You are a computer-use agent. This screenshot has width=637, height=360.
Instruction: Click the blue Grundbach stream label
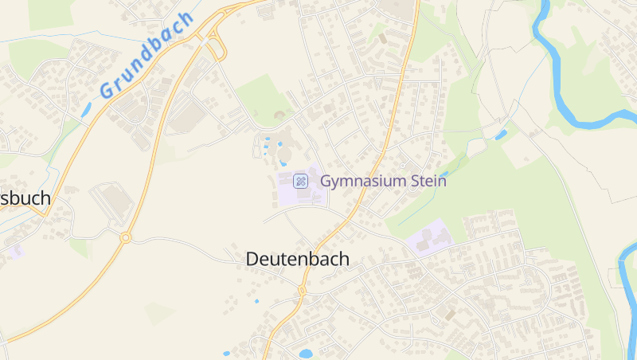pyautogui.click(x=147, y=57)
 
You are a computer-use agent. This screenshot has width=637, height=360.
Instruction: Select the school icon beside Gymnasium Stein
pyautogui.click(x=301, y=181)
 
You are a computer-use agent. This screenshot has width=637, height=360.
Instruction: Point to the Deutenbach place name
pyautogui.click(x=297, y=259)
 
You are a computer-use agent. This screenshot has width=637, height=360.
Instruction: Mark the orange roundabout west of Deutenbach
pyautogui.click(x=125, y=237)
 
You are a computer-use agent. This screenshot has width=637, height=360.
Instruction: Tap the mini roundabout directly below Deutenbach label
pyautogui.click(x=302, y=291)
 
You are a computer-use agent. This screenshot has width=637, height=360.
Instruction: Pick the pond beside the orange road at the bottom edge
pyautogui.click(x=305, y=353)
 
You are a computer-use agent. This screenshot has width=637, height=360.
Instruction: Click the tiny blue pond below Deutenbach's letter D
pyautogui.click(x=256, y=301)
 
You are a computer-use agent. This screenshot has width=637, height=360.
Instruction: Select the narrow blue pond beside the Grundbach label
pyautogui.click(x=85, y=111)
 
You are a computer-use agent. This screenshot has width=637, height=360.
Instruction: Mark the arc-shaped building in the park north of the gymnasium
pyautogui.click(x=279, y=115)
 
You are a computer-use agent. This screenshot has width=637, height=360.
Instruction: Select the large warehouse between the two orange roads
pyautogui.click(x=188, y=119)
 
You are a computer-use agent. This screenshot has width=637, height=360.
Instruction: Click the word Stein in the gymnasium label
pyautogui.click(x=427, y=181)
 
